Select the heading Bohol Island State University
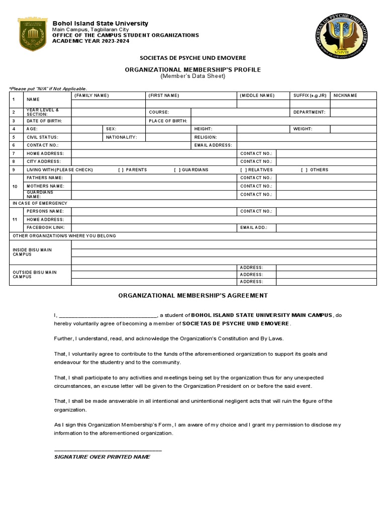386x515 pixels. point(101,24)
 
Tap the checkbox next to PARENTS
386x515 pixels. point(121,170)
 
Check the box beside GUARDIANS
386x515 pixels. point(177,170)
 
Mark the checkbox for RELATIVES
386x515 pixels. point(243,170)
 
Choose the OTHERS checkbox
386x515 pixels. point(304,170)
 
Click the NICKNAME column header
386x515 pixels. point(345,96)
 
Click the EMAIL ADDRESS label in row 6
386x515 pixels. point(213,145)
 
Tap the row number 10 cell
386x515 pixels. point(15,186)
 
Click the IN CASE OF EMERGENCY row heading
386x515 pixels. point(40,203)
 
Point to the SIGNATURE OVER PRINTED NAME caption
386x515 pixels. point(102,457)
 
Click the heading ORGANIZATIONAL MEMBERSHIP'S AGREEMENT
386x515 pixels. point(193,296)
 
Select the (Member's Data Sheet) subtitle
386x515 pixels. point(193,76)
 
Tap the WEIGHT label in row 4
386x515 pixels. point(303,129)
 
